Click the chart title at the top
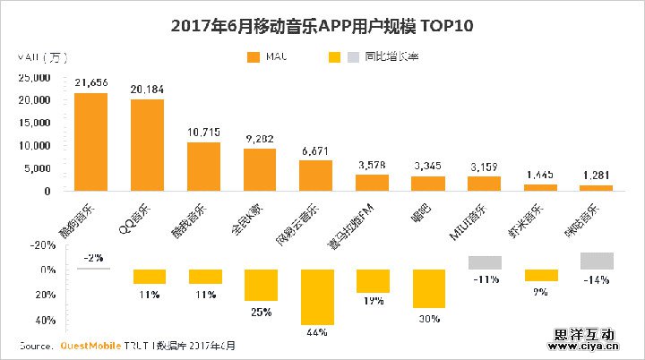click(322, 26)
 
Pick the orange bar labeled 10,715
click(203, 167)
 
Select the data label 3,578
click(372, 166)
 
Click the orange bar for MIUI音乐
click(485, 184)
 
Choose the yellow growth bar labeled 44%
click(316, 296)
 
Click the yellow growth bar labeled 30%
click(428, 288)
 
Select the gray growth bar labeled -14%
click(597, 261)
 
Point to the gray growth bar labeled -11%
click(485, 262)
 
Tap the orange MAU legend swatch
click(253, 57)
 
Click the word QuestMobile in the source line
click(89, 345)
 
